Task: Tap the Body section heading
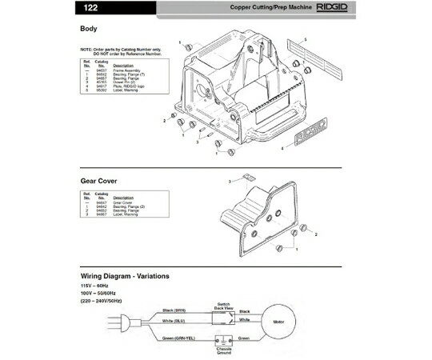pyautogui.click(x=88, y=29)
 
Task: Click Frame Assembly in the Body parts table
pyautogui.click(x=125, y=70)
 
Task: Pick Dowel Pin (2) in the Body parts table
pyautogui.click(x=125, y=81)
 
